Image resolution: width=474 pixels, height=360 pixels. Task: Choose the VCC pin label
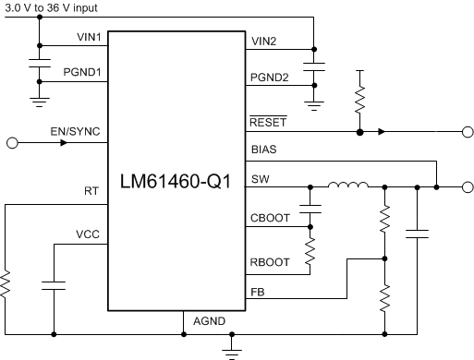(x=89, y=235)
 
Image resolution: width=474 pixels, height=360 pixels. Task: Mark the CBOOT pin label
(x=270, y=219)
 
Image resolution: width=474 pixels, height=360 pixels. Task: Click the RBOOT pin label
(x=270, y=262)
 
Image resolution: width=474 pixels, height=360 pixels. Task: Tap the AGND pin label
(x=209, y=321)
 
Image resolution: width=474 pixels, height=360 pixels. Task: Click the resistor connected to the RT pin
(x=6, y=282)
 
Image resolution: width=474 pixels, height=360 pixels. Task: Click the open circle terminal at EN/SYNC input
(x=12, y=143)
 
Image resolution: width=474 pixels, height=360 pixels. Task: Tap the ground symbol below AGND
(x=230, y=349)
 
